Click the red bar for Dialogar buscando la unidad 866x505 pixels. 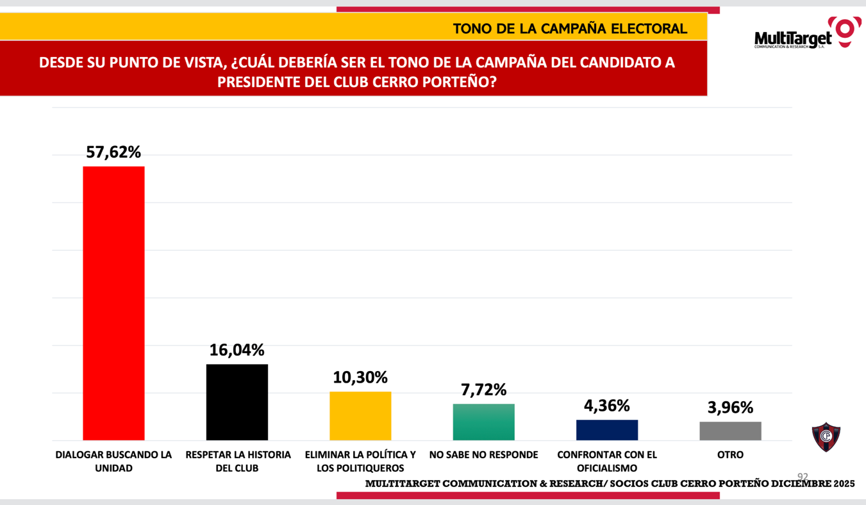113,303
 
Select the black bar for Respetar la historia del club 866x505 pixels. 237,402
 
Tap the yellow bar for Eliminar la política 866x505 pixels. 360,415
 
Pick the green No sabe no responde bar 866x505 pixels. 483,422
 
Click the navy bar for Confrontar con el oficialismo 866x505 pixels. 606,429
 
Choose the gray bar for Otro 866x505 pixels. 730,431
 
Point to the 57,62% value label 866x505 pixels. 113,153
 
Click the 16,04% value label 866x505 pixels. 237,351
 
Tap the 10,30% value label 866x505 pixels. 360,377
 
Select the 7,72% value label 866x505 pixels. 483,390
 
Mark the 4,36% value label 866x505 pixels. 606,406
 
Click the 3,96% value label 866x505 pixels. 730,408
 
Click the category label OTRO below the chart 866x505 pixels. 730,455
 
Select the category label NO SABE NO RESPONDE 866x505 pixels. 483,455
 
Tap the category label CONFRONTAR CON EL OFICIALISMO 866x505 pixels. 606,461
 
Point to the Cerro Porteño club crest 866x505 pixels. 826,437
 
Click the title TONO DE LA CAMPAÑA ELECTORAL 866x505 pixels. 569,29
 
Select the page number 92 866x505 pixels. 803,477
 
